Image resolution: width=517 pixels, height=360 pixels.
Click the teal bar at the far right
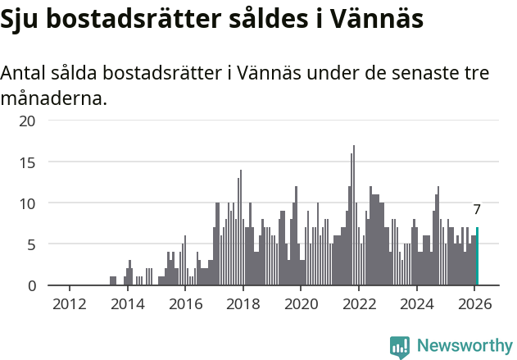pyautogui.click(x=477, y=257)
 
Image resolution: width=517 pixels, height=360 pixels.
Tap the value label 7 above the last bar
pyautogui.click(x=477, y=209)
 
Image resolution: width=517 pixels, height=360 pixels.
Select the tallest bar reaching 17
pyautogui.click(x=354, y=216)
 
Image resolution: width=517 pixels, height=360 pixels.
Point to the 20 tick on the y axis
pyautogui.click(x=28, y=121)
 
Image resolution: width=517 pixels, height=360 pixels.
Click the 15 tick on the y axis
pyautogui.click(x=28, y=162)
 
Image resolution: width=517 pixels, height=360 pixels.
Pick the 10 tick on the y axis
pyautogui.click(x=28, y=203)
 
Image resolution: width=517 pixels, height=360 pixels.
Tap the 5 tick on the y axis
pyautogui.click(x=31, y=244)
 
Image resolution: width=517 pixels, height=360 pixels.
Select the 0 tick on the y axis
pyautogui.click(x=31, y=285)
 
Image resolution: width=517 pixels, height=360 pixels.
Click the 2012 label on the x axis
pyautogui.click(x=69, y=303)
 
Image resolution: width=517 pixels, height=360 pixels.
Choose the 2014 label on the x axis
pyautogui.click(x=127, y=303)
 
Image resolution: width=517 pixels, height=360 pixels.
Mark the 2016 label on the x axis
pyautogui.click(x=185, y=303)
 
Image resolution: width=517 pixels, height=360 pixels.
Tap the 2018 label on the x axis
pyautogui.click(x=243, y=303)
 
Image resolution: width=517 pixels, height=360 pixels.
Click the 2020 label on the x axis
pyautogui.click(x=301, y=303)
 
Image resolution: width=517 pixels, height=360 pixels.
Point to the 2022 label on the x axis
pyautogui.click(x=359, y=303)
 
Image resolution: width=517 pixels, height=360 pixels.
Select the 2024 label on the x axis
pyautogui.click(x=416, y=303)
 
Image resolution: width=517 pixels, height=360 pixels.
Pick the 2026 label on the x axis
pyautogui.click(x=474, y=303)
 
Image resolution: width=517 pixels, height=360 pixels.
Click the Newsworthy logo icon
pyautogui.click(x=400, y=347)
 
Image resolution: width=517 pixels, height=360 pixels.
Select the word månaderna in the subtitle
pyautogui.click(x=53, y=100)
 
